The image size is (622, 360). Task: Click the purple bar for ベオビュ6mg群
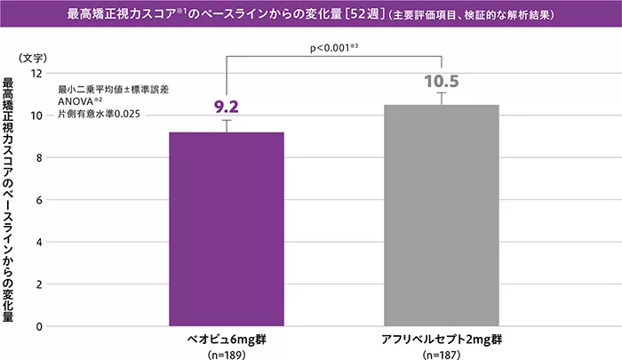point(227,229)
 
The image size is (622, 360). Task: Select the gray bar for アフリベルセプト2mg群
point(441,216)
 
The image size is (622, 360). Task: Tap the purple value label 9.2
point(227,108)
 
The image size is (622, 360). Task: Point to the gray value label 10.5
point(441,82)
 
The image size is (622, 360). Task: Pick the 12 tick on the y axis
point(36,74)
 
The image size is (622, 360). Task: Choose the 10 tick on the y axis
point(36,116)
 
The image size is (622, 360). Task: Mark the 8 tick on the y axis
point(39,158)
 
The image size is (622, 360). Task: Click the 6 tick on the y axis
point(39,200)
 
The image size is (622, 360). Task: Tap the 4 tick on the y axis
point(39,243)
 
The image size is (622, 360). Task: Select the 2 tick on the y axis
point(39,284)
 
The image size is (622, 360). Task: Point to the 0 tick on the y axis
point(39,327)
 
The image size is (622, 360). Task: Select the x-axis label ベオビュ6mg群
point(227,340)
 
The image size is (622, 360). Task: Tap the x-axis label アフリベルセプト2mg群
point(441,340)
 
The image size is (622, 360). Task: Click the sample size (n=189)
point(227,354)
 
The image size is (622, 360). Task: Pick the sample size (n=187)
point(441,354)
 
